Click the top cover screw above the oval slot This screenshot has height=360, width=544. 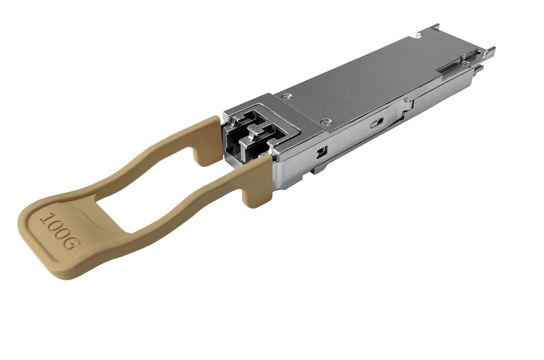327,120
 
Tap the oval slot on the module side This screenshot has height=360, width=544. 377,123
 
